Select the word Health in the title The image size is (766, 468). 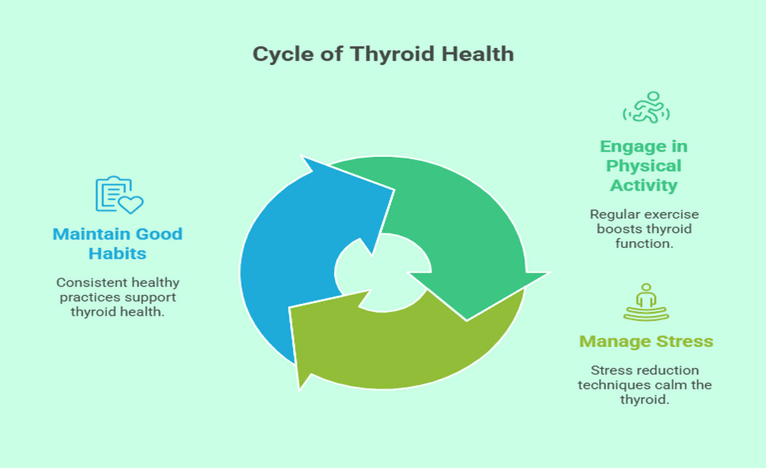pos(479,54)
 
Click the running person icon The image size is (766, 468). pos(646,108)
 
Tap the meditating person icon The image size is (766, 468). pos(646,302)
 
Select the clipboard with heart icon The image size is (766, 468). pos(118,195)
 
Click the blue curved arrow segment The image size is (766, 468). pos(279,253)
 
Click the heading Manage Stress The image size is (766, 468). pos(646,342)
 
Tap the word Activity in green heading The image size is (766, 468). pos(644,185)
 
